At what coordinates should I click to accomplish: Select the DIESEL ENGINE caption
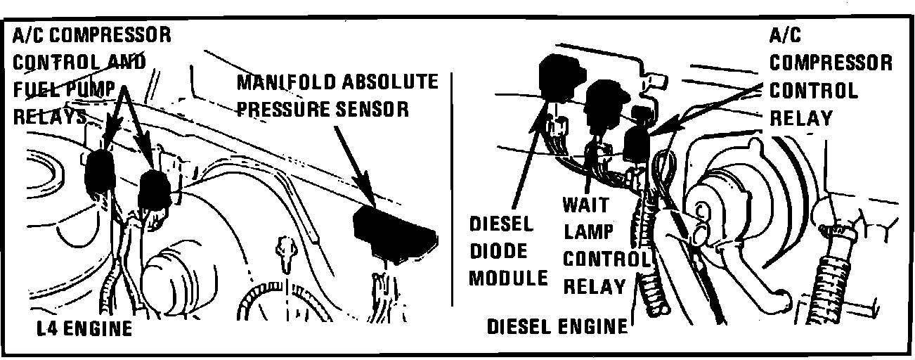point(557,326)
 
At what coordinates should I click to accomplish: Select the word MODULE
point(508,277)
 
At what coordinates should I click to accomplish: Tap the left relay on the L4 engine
point(100,172)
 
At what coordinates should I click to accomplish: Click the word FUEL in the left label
point(38,89)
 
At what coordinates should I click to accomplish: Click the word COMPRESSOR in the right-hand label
point(831,63)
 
